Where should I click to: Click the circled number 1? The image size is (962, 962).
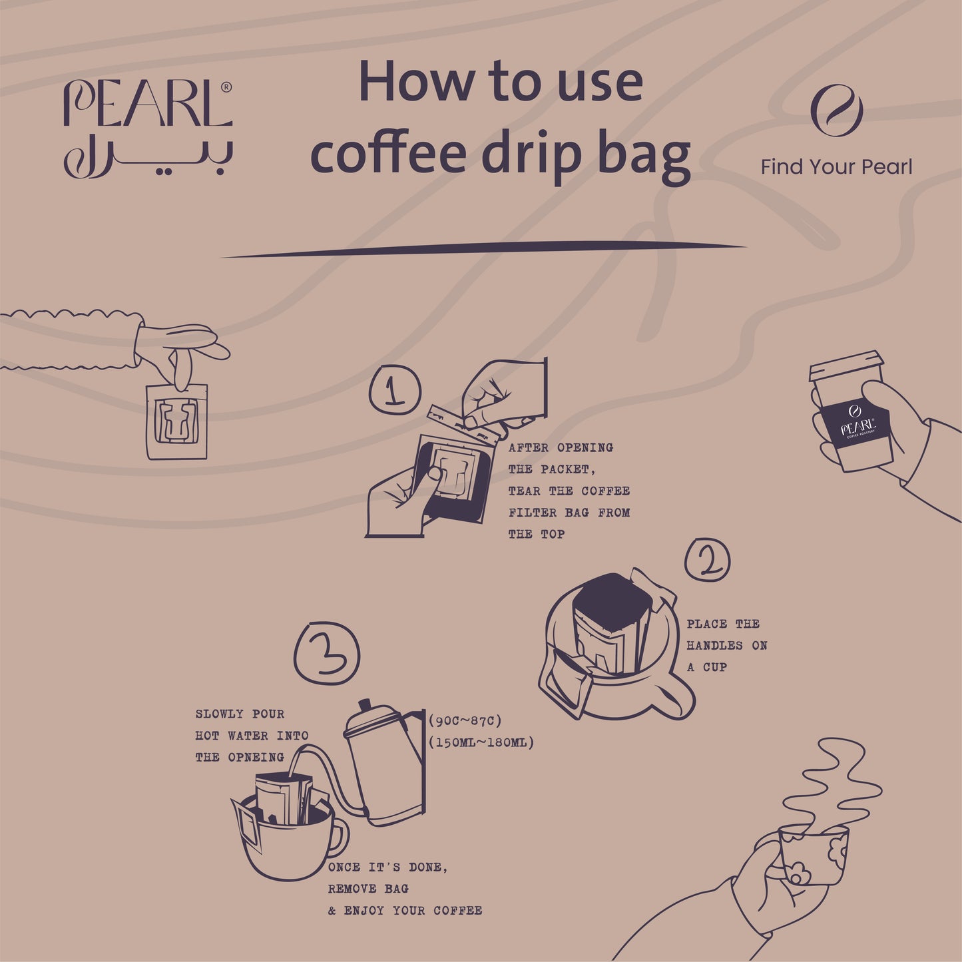tap(395, 390)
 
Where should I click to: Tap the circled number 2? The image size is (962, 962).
tap(708, 560)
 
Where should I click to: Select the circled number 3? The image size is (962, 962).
tap(326, 654)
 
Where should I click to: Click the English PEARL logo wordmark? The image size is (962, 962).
tap(147, 104)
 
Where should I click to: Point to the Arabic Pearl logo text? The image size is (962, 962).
tap(148, 157)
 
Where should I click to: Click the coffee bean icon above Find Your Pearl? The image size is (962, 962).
tap(837, 111)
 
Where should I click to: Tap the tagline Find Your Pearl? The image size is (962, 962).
tap(836, 166)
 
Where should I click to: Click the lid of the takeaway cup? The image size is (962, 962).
tap(846, 366)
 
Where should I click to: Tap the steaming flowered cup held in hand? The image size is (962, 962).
tap(813, 855)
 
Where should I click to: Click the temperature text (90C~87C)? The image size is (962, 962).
tap(465, 721)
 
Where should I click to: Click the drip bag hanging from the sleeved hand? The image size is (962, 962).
tap(176, 421)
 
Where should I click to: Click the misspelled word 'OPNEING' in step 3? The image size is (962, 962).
tap(256, 757)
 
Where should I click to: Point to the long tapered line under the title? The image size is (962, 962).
tap(483, 250)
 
